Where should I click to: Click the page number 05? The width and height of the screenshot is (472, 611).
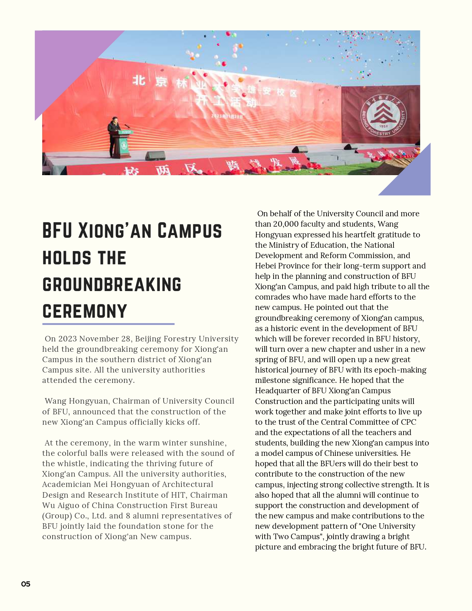(x=26, y=584)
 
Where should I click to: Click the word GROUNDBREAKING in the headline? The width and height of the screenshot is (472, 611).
(x=112, y=285)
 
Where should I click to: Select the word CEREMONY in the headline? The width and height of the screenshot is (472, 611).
(x=85, y=311)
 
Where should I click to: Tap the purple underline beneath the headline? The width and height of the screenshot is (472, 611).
(x=108, y=324)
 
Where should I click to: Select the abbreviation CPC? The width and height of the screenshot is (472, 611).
(x=408, y=422)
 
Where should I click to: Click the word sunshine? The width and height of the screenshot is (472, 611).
(x=207, y=443)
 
